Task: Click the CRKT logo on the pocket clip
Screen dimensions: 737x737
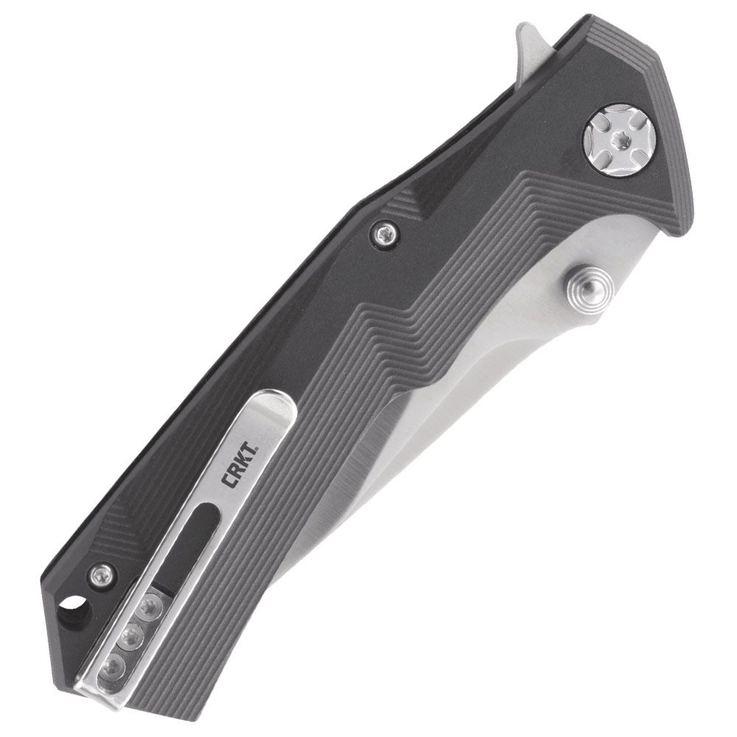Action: point(239,464)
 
